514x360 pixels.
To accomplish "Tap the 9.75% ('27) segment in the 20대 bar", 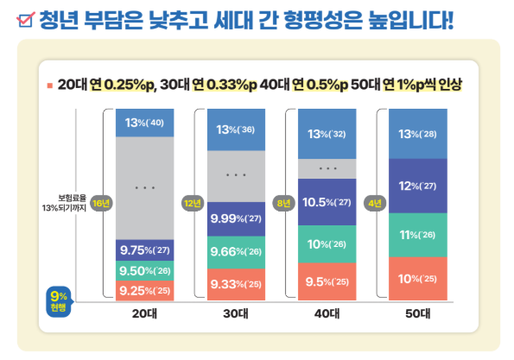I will (145, 249).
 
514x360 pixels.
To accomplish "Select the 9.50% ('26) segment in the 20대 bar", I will (145, 269).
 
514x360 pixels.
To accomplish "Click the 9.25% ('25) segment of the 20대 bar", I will (145, 290).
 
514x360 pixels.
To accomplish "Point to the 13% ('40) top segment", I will (145, 123).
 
